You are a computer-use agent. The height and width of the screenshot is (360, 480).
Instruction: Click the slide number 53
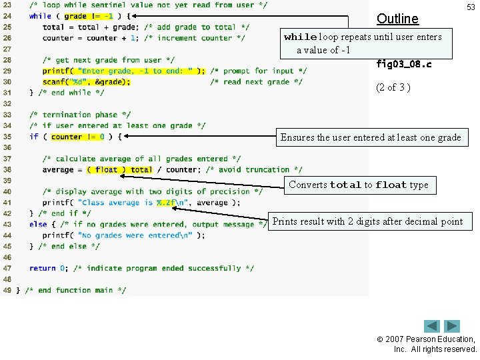pyautogui.click(x=471, y=7)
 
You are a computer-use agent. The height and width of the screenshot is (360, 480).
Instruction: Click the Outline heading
pyautogui.click(x=397, y=19)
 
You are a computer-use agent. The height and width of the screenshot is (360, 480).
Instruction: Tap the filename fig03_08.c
pyautogui.click(x=404, y=65)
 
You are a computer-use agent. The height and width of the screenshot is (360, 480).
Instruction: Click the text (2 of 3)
pyautogui.click(x=395, y=87)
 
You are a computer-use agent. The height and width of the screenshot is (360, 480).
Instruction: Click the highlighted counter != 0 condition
pyautogui.click(x=77, y=137)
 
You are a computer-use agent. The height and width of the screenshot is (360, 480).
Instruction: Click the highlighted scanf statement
pyautogui.click(x=87, y=82)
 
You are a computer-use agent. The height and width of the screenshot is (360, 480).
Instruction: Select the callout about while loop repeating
pyautogui.click(x=364, y=43)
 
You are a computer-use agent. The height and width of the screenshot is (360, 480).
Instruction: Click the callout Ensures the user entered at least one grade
pyautogui.click(x=371, y=138)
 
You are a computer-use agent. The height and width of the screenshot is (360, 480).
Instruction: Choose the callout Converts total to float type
pyautogui.click(x=359, y=185)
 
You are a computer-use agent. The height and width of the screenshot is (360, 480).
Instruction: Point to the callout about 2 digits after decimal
pyautogui.click(x=367, y=221)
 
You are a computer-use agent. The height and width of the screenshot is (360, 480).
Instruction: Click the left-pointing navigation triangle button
pyautogui.click(x=432, y=327)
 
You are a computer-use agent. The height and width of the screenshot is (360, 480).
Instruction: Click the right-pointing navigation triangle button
pyautogui.click(x=453, y=327)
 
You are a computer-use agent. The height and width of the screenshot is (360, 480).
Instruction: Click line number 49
pyautogui.click(x=7, y=290)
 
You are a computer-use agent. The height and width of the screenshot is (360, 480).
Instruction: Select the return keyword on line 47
pyautogui.click(x=42, y=268)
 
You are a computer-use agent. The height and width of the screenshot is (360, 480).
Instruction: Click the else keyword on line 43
pyautogui.click(x=38, y=225)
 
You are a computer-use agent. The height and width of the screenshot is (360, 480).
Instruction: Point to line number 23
pyautogui.click(x=7, y=5)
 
